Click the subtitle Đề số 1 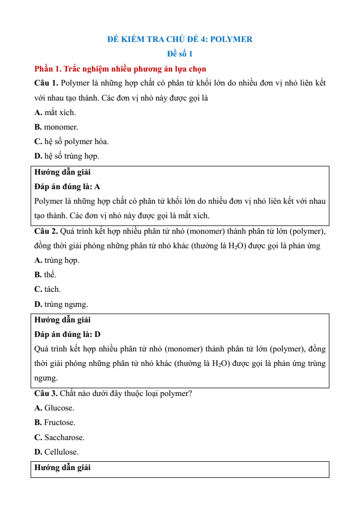tap(179, 54)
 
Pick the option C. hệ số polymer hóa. tap(72, 142)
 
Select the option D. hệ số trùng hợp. tap(67, 156)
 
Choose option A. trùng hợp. tap(57, 260)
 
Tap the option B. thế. tap(45, 275)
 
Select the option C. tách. tap(47, 289)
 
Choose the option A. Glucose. tap(54, 408)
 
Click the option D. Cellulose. tap(57, 452)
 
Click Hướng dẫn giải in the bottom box tap(63, 468)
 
